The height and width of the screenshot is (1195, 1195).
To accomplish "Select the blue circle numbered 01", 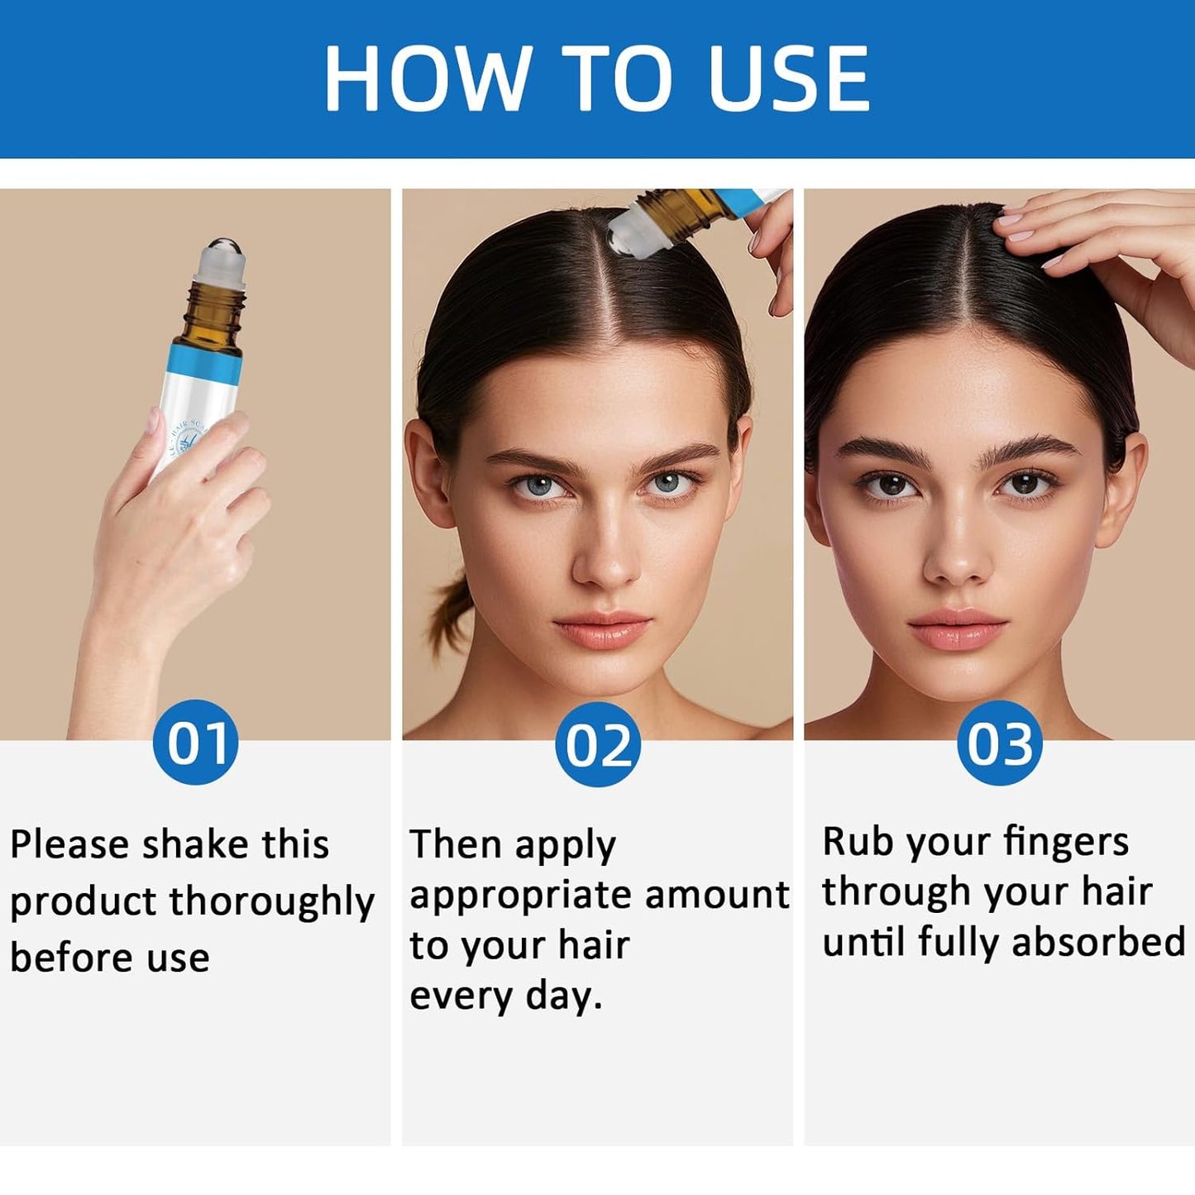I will click(x=196, y=743).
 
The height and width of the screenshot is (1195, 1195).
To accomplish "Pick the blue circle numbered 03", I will click(x=999, y=743).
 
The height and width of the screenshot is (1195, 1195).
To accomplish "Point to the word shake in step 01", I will click(x=194, y=844).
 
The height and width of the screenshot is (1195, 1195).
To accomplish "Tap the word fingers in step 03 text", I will click(x=1066, y=843).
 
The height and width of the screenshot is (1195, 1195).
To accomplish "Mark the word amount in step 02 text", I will click(x=717, y=895).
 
